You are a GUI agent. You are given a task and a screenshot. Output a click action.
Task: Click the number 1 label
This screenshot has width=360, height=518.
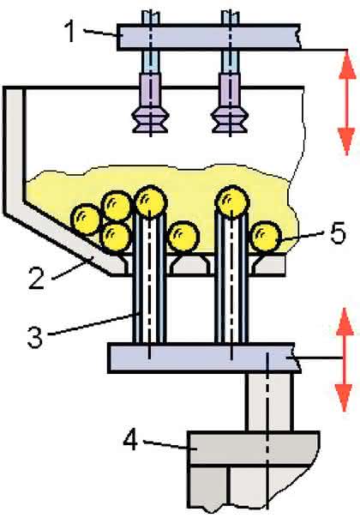pos(70,32)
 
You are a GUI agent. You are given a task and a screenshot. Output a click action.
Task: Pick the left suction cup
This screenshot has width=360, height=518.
pos(150,120)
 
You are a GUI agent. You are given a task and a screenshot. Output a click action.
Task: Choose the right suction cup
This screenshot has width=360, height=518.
pos(230,120)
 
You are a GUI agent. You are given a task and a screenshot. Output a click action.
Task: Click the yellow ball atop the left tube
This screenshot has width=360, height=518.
pos(150,200)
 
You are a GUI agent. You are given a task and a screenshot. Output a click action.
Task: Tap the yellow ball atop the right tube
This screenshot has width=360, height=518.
pos(231,200)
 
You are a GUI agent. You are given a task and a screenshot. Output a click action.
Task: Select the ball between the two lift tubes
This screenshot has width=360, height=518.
pos(183,237)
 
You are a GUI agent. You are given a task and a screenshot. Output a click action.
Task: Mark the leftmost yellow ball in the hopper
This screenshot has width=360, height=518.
pos(86,220)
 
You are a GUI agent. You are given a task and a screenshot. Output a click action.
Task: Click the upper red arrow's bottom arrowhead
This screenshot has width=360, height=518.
pos(347,142)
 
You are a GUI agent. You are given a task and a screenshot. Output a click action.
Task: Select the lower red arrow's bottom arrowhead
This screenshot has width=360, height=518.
pos(345,398)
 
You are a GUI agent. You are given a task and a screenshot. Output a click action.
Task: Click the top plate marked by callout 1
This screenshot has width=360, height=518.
pos(209,36)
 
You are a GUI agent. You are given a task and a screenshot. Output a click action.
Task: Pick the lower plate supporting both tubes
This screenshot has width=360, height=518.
pos(204,358)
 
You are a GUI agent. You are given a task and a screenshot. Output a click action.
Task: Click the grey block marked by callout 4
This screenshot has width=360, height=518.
pos(253,448)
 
